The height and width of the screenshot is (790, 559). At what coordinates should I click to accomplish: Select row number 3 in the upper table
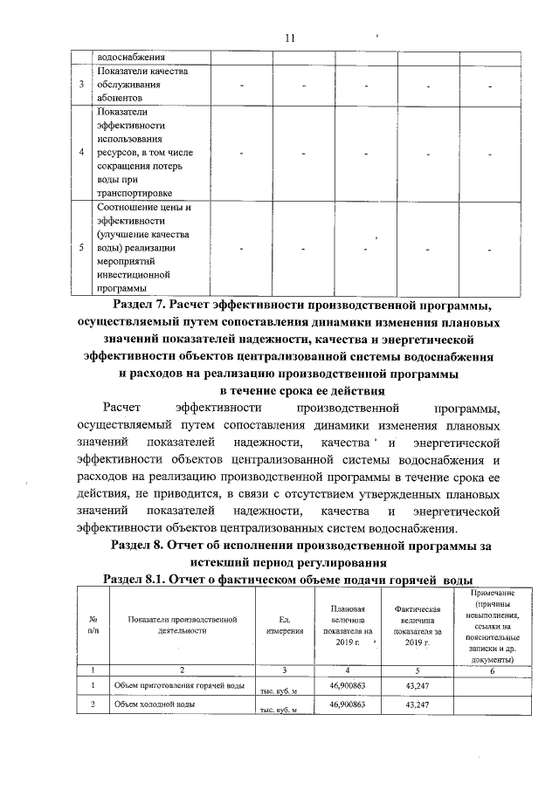coord(81,85)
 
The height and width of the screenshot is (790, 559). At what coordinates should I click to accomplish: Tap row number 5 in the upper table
coord(81,248)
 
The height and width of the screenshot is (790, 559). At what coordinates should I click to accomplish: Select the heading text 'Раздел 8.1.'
coord(137,580)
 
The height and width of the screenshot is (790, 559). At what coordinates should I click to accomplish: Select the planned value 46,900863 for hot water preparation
coord(347,686)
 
